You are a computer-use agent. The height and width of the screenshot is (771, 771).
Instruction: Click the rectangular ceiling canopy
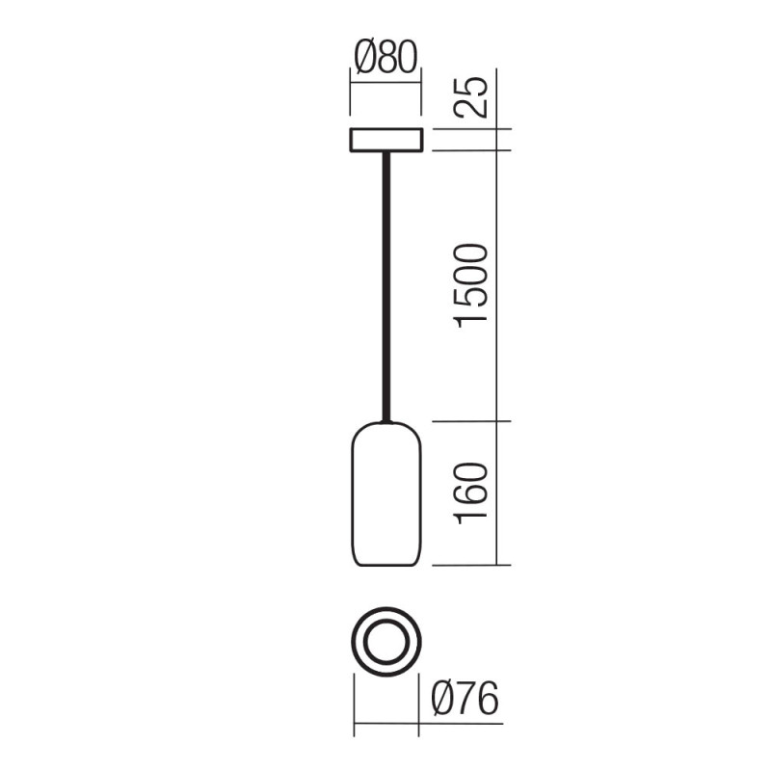385,141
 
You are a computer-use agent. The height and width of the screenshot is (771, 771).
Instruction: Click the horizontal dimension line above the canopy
385,85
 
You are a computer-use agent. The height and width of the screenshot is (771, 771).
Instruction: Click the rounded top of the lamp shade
385,427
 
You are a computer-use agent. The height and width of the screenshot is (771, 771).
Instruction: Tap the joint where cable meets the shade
385,420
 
